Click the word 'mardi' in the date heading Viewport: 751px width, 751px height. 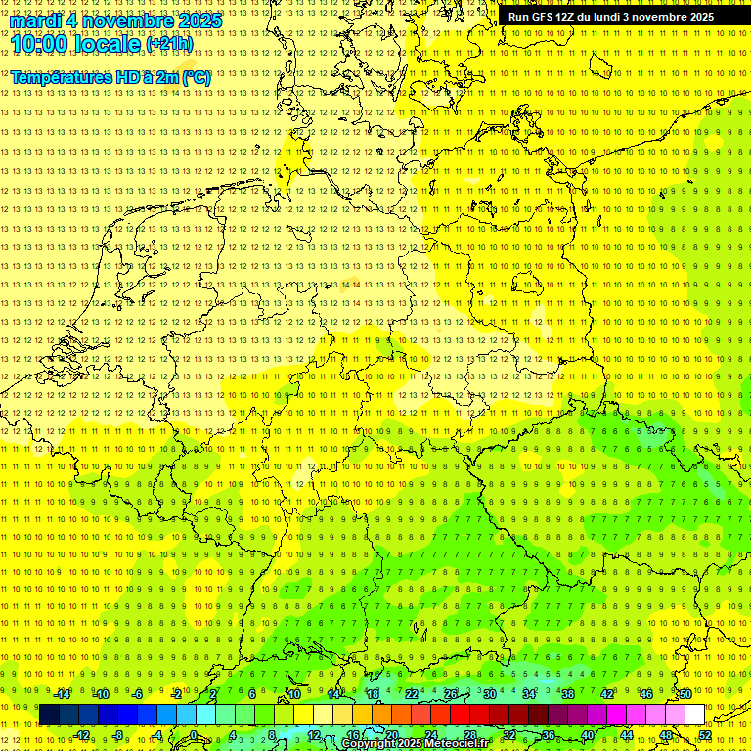(35, 21)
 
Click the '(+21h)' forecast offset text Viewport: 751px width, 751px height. (169, 44)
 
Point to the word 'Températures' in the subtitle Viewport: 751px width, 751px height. (58, 77)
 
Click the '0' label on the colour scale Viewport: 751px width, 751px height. (194, 735)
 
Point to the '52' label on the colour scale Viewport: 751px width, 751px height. (705, 735)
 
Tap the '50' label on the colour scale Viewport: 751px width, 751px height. (685, 694)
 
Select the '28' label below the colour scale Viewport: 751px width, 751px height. (469, 735)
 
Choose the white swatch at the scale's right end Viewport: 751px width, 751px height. (695, 715)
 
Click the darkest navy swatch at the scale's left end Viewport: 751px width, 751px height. (49, 715)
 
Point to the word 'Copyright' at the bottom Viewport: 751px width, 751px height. (369, 744)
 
